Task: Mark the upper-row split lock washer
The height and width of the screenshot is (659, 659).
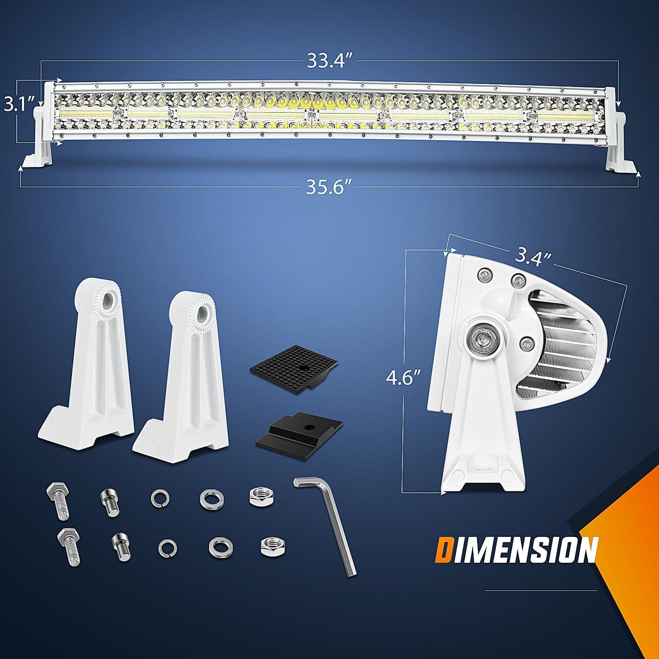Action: (x=160, y=498)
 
